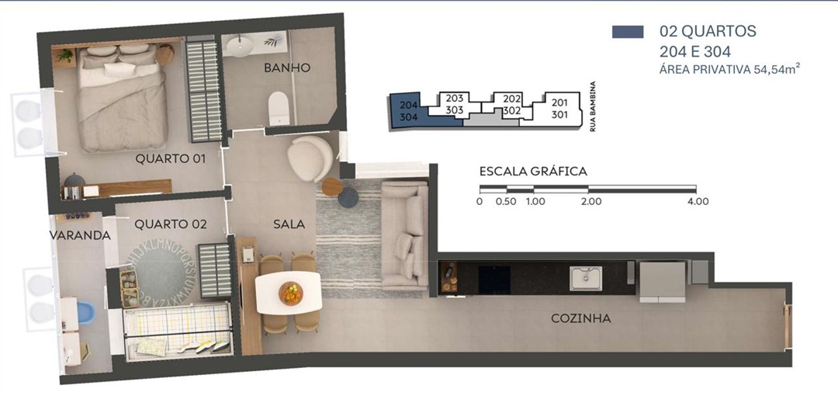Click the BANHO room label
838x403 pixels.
pos(287,68)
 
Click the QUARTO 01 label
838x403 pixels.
pos(170,158)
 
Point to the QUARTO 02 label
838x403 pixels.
pos(171,224)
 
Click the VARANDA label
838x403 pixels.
pos(80,235)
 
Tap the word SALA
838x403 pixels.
pos(289,224)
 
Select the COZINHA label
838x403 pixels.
pos(581,318)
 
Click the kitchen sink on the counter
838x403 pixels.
pos(586,278)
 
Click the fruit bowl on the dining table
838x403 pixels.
pos(291,293)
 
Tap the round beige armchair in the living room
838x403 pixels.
pos(310,158)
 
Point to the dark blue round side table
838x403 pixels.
pos(348,197)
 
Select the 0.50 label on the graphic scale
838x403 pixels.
pos(506,202)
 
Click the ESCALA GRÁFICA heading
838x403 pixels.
pos(533,172)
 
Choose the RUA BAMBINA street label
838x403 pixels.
pos(593,106)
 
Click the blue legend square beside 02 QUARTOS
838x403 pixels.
pos(628,32)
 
